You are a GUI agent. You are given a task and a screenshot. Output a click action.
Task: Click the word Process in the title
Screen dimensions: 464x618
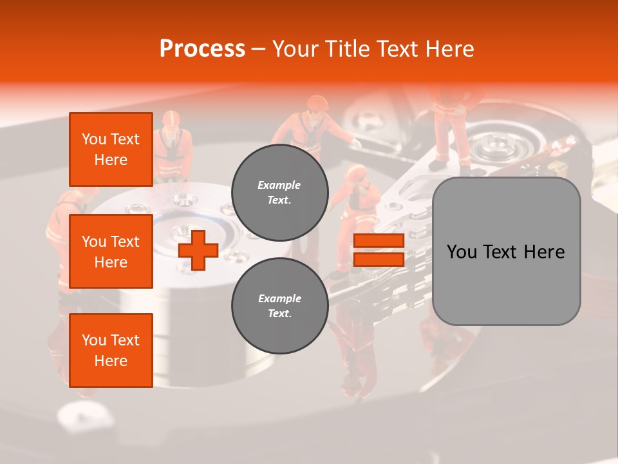(202, 49)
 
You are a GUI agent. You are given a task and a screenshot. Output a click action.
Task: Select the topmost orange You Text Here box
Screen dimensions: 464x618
(111, 150)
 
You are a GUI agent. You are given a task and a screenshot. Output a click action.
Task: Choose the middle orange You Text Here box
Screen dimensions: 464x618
(111, 251)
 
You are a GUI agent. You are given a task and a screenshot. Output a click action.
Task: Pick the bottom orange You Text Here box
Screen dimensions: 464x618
(111, 351)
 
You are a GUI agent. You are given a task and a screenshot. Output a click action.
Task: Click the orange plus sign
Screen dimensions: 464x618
(198, 250)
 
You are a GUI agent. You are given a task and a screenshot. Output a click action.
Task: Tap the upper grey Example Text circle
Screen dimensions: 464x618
(280, 193)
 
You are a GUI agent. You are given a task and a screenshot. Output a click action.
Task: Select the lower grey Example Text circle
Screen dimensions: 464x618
(280, 306)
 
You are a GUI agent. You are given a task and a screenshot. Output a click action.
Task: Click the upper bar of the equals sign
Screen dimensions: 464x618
(379, 241)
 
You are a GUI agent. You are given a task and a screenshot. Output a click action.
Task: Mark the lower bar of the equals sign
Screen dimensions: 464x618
(379, 259)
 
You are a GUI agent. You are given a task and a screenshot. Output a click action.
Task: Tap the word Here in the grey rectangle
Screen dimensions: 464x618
(544, 252)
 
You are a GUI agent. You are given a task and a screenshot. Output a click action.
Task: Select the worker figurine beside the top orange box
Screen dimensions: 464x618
(172, 145)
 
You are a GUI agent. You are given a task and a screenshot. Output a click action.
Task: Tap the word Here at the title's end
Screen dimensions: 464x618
(448, 49)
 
